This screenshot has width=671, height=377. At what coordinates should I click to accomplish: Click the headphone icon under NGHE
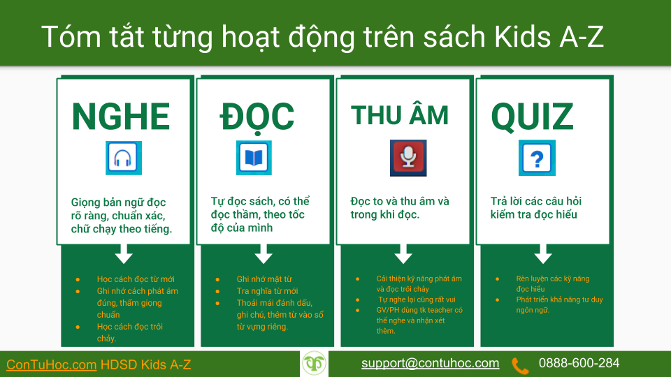tap(123, 158)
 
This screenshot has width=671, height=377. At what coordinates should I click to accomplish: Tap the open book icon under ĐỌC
tap(254, 158)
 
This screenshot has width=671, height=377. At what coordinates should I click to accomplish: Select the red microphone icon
tap(408, 158)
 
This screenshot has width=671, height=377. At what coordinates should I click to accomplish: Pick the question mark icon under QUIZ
tap(537, 158)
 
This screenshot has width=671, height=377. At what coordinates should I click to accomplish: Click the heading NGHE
tap(121, 117)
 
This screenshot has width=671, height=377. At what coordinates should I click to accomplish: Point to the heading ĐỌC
tap(257, 117)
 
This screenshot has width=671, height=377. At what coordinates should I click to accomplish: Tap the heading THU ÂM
tap(400, 115)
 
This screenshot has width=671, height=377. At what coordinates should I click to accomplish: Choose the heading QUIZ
tap(532, 117)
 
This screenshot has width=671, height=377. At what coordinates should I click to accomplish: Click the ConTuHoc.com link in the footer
tap(51, 364)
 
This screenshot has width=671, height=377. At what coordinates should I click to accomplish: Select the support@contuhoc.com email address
tap(430, 363)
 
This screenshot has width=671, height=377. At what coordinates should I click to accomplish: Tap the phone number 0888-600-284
tap(579, 363)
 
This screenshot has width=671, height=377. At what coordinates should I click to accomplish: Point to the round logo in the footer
tap(315, 364)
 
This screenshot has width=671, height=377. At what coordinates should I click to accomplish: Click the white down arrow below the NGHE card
tap(124, 252)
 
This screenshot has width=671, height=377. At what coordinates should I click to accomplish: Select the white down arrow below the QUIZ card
tap(543, 252)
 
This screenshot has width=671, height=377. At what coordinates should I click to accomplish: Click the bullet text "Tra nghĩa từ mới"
tap(267, 291)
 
